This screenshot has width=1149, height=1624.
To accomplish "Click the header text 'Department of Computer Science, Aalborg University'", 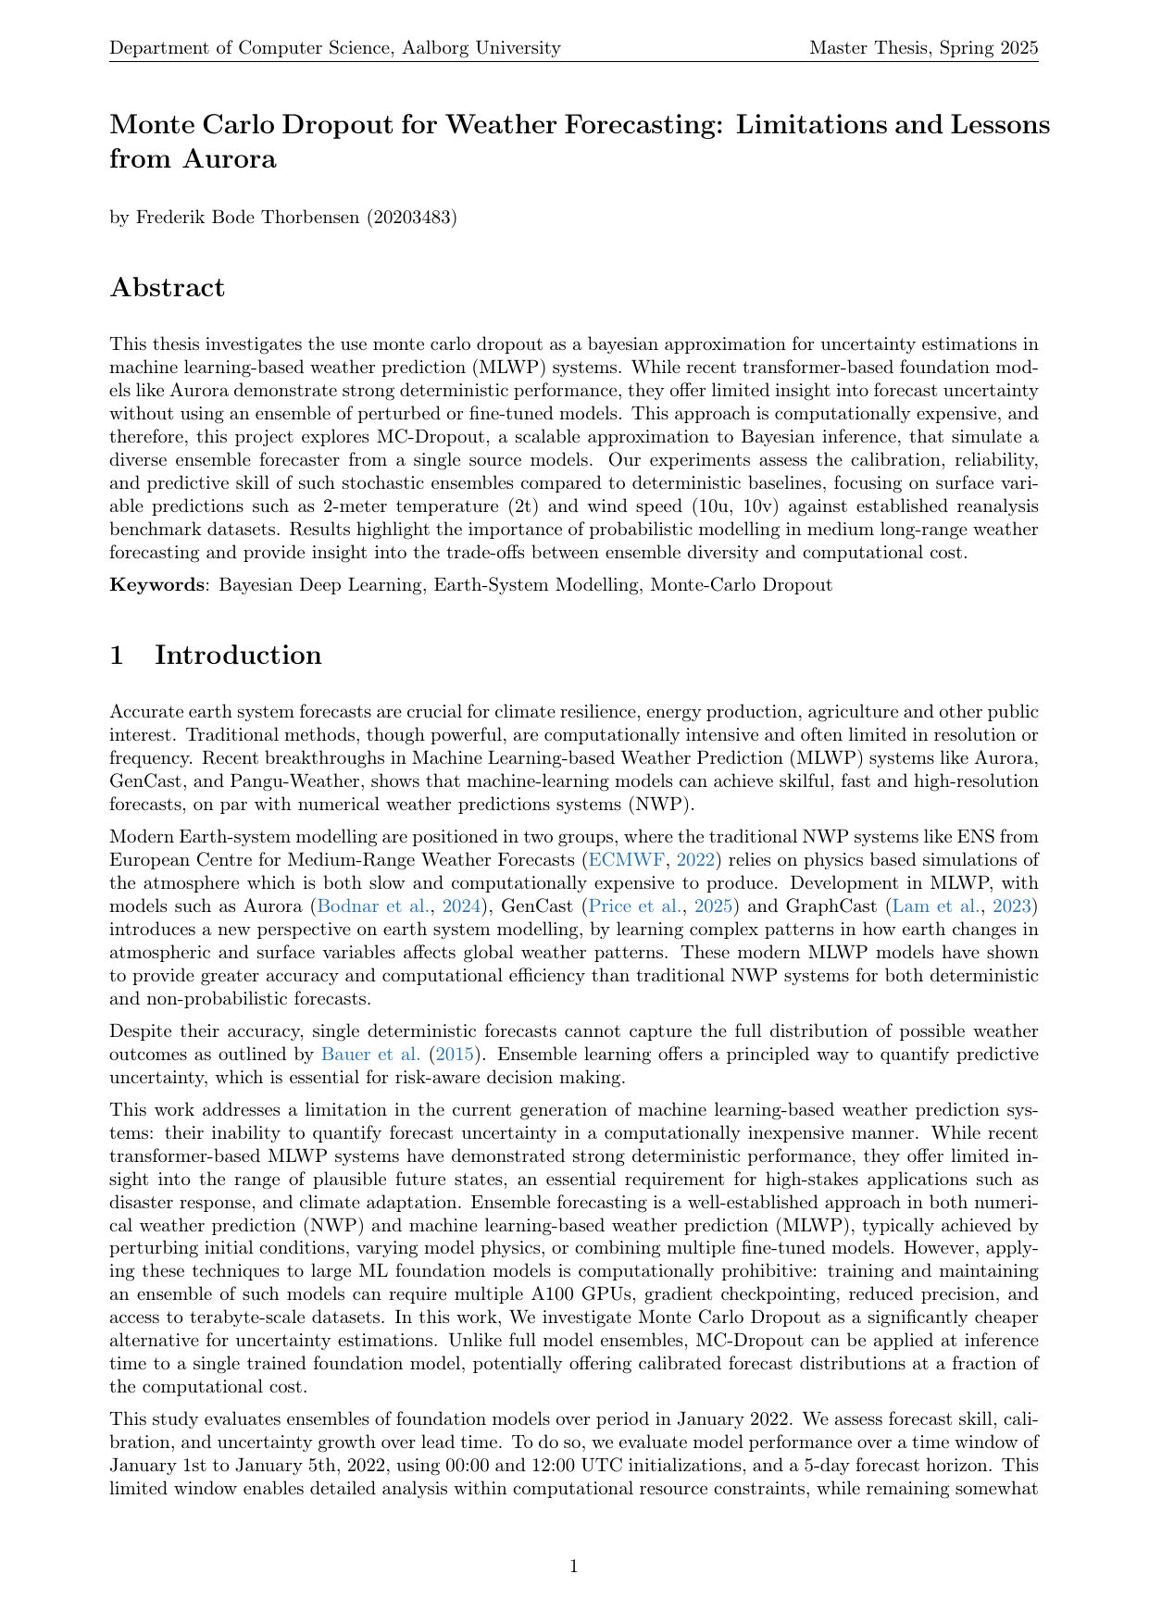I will [x=335, y=47].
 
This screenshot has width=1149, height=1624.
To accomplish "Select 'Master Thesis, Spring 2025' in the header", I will [x=923, y=47].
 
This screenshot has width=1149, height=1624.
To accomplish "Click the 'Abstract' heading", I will [x=167, y=287].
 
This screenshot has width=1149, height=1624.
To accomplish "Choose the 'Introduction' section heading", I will [x=238, y=655].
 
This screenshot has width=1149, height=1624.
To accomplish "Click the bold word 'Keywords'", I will [x=152, y=585].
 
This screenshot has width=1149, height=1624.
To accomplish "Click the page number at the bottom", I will [x=574, y=1567].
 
